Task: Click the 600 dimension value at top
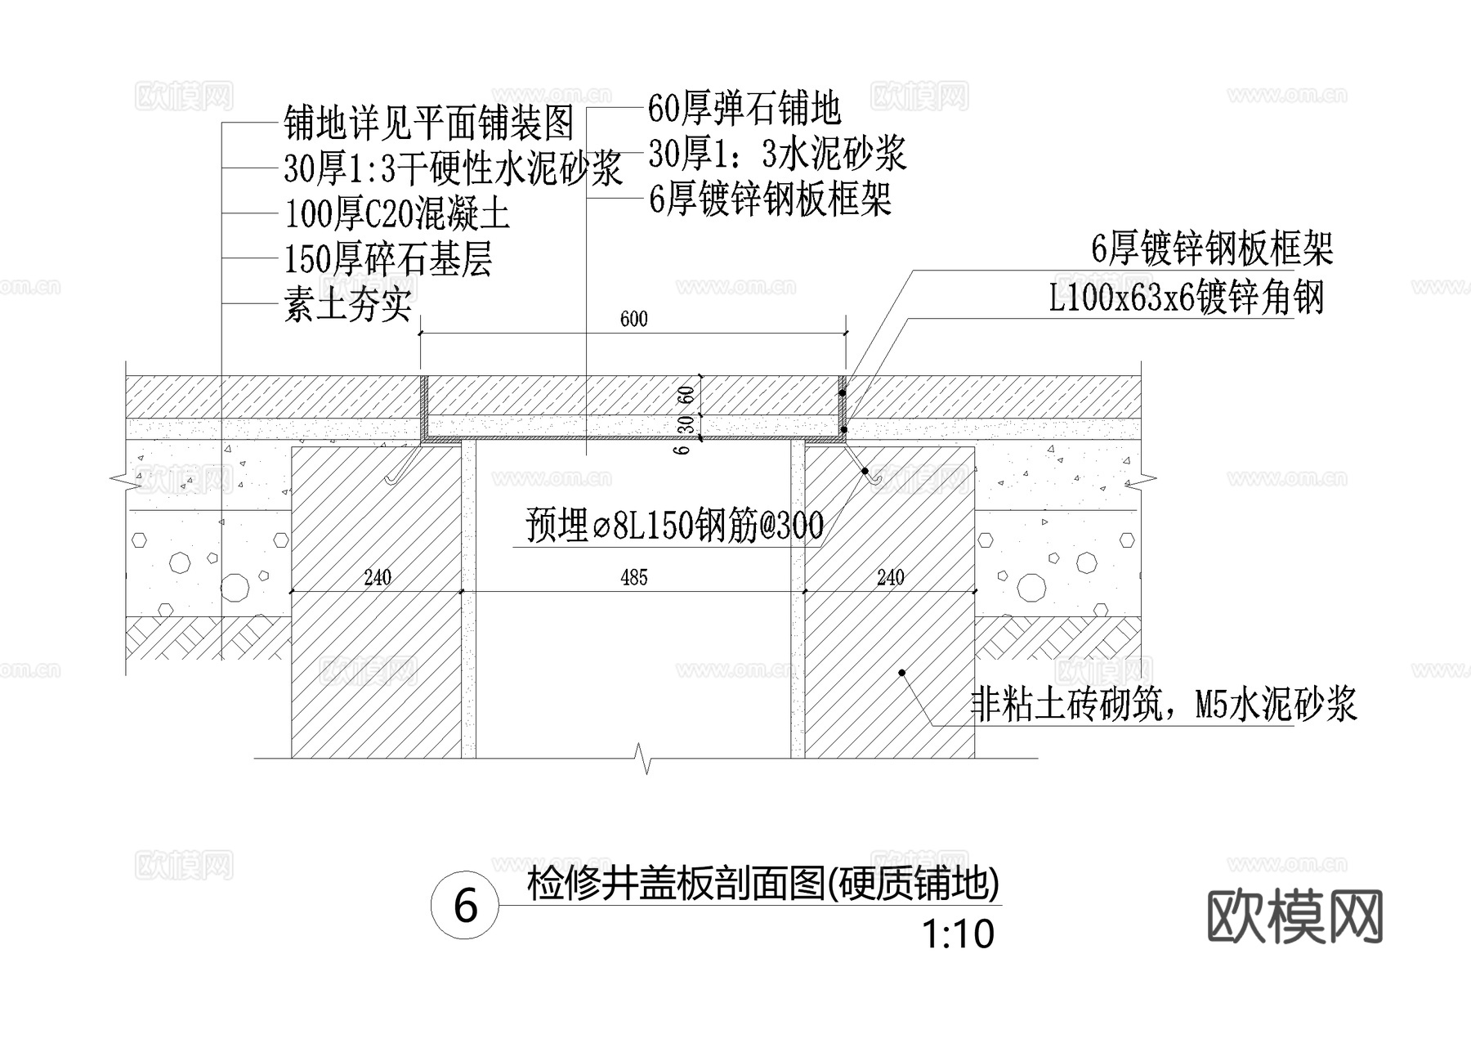pyautogui.click(x=633, y=319)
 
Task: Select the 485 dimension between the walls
pyautogui.click(x=634, y=578)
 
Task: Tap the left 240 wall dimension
pyautogui.click(x=377, y=578)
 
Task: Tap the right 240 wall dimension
pyautogui.click(x=890, y=578)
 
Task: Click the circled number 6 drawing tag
pyautogui.click(x=465, y=906)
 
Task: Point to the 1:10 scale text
pyautogui.click(x=958, y=934)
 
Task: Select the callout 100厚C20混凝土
pyautogui.click(x=397, y=215)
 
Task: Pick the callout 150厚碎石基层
pyautogui.click(x=388, y=260)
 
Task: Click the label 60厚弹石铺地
pyautogui.click(x=744, y=107)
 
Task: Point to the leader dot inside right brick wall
pyautogui.click(x=902, y=673)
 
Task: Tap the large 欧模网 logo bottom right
pyautogui.click(x=1294, y=916)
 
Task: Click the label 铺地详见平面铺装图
pyautogui.click(x=429, y=124)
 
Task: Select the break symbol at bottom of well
pyautogui.click(x=646, y=758)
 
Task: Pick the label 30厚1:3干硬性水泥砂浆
pyautogui.click(x=454, y=169)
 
